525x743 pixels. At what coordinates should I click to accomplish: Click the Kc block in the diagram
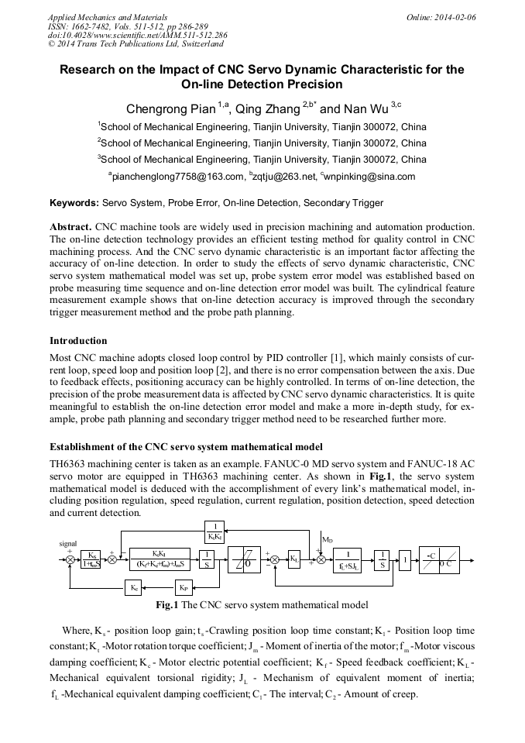134,589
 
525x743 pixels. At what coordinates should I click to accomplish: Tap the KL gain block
295,559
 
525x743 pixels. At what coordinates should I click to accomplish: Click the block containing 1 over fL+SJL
353,559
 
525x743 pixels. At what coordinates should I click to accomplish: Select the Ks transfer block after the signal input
92,559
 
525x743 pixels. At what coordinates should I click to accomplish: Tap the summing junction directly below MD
321,559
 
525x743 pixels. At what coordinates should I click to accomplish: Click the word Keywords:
74,203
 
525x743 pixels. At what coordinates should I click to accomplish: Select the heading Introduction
78,341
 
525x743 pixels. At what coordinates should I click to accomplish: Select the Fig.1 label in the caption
169,604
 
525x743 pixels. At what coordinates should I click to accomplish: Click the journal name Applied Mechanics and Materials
106,15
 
